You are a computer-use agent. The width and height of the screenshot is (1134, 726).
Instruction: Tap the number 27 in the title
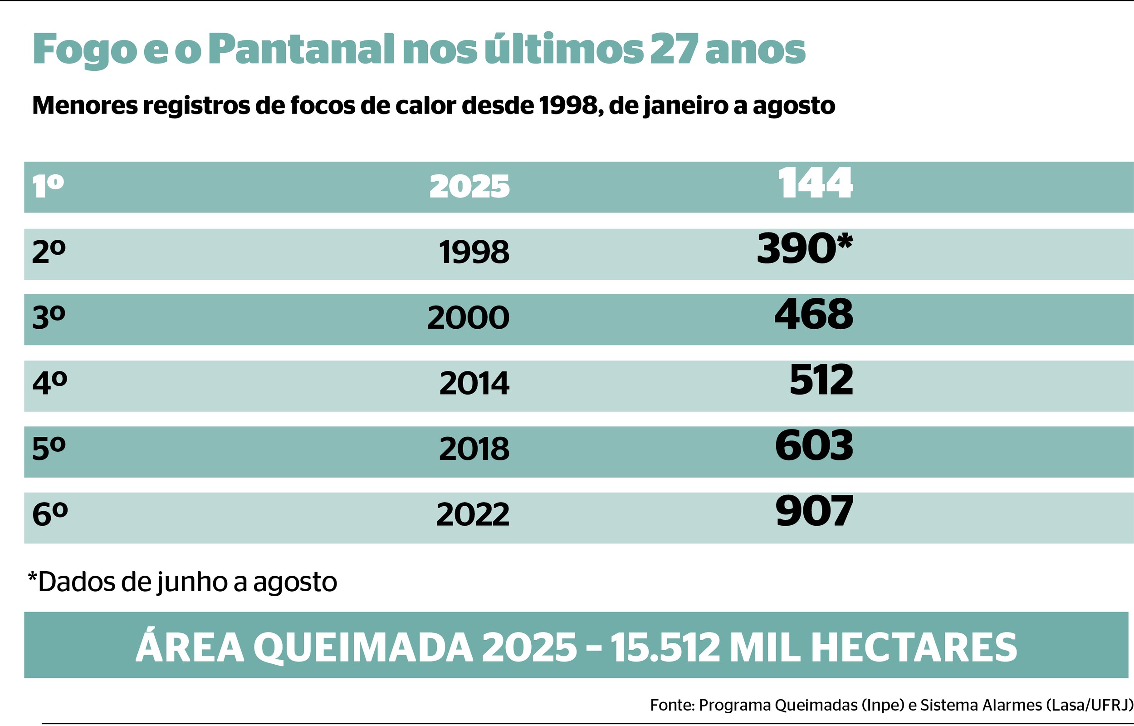[674, 49]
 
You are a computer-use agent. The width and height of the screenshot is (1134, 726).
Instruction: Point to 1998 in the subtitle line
[568, 105]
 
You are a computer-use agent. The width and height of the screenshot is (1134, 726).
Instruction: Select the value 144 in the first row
[815, 183]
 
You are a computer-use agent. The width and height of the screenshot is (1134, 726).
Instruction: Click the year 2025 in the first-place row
[469, 187]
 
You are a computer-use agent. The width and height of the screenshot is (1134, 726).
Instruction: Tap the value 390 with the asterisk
[804, 249]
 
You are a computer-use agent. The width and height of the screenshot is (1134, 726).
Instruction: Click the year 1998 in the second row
[474, 252]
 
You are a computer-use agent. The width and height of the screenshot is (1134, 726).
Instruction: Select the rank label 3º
[49, 317]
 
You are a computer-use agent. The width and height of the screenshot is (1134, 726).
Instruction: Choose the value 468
[814, 315]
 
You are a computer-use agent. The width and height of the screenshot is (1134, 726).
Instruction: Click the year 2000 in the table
[468, 318]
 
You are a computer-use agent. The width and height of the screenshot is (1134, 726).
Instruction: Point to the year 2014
[474, 383]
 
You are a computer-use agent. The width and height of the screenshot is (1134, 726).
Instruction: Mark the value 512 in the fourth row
[821, 380]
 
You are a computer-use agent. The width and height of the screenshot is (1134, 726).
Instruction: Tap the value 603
[814, 446]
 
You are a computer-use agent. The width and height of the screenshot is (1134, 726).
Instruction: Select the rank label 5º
[49, 449]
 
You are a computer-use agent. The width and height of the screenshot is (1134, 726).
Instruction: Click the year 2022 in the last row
[472, 515]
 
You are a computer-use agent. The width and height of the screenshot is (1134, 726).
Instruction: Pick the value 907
[814, 512]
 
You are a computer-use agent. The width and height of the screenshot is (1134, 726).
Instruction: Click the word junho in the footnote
[193, 583]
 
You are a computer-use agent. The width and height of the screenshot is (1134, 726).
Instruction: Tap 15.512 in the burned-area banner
[665, 648]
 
